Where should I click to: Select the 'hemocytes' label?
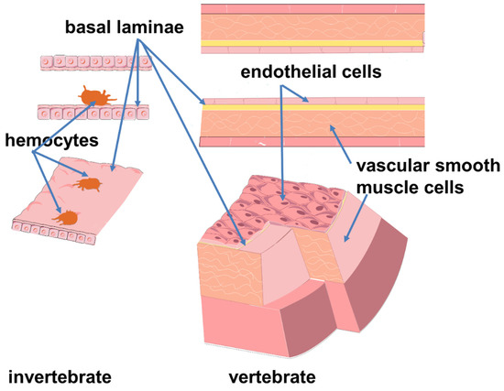[39, 141]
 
